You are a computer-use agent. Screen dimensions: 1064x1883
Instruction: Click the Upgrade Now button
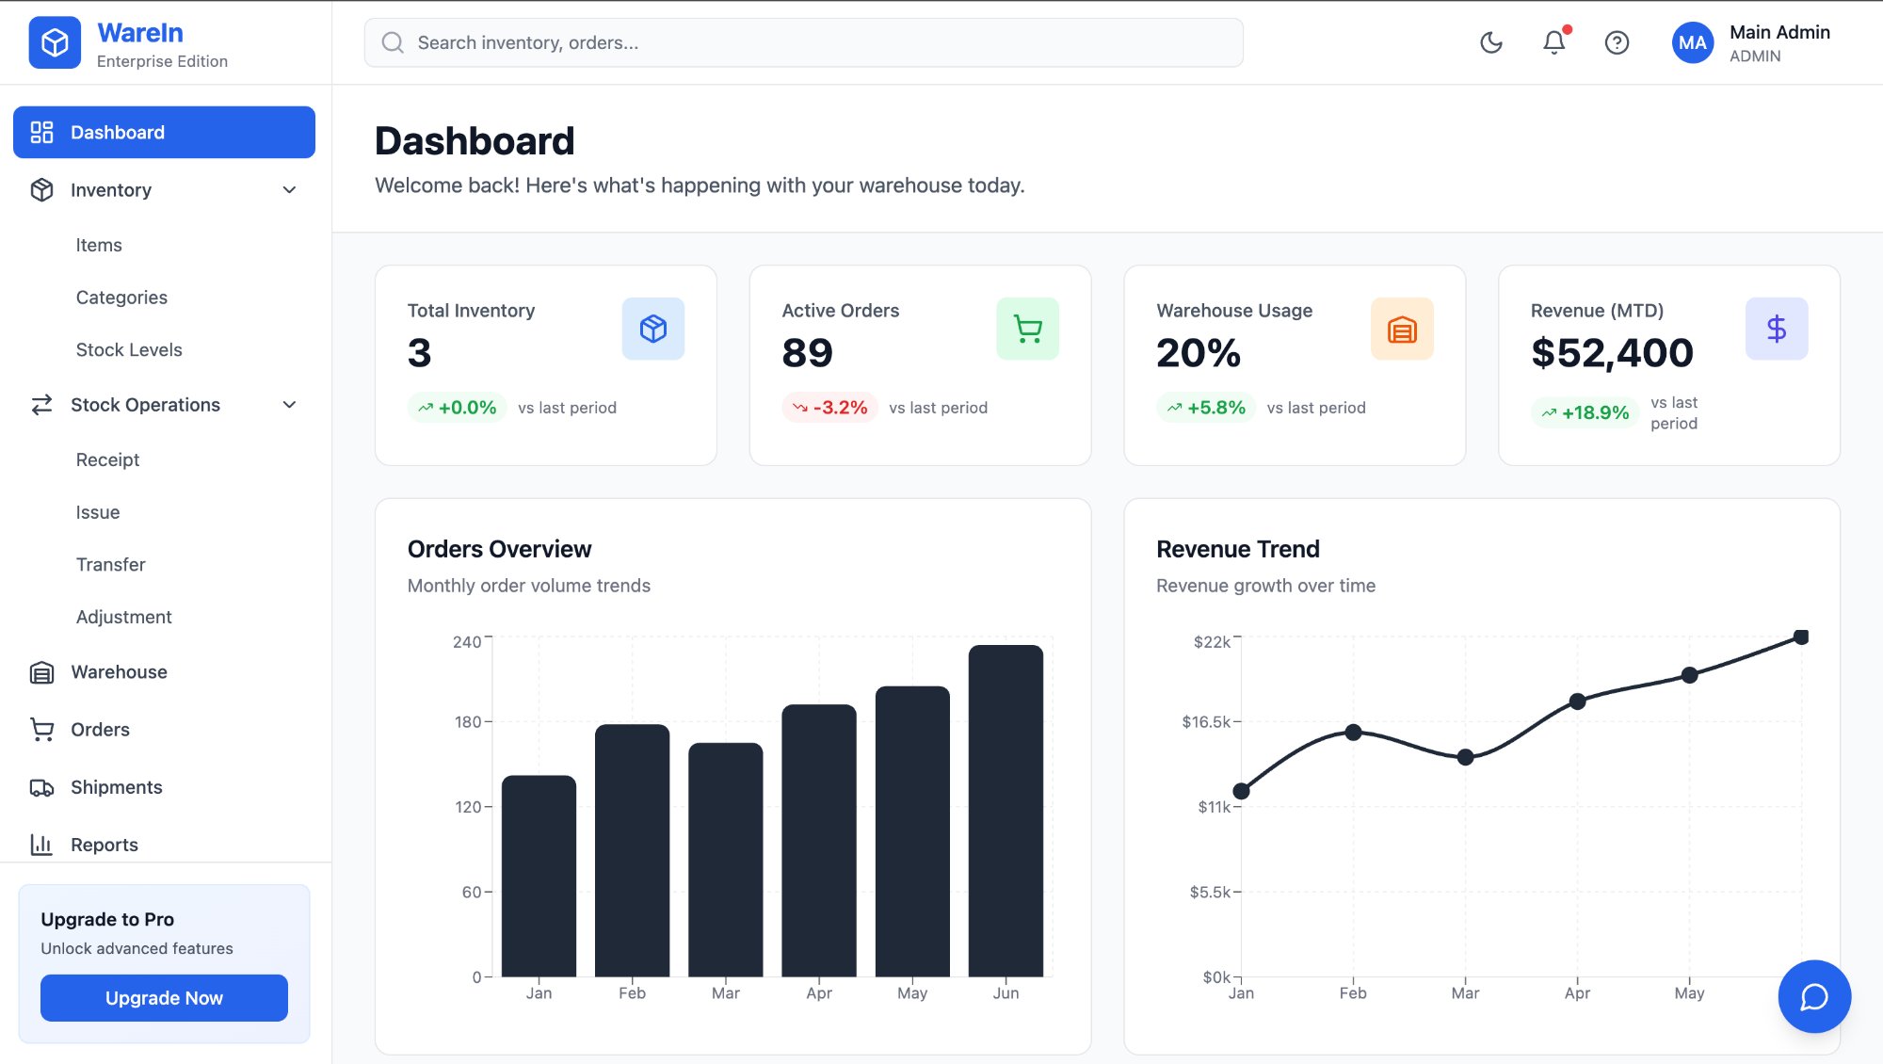164,998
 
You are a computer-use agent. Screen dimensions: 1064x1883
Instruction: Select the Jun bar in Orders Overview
1006,810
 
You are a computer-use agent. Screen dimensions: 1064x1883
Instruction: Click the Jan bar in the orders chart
539,876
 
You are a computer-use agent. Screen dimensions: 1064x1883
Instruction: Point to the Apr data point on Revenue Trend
1578,701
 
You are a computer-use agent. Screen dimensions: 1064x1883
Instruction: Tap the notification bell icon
1553,42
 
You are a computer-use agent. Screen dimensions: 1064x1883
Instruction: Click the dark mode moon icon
1491,42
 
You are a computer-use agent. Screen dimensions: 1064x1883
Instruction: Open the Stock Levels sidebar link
129,349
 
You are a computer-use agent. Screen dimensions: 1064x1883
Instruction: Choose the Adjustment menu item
123,617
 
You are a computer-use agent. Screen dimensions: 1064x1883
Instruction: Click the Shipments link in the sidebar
116,787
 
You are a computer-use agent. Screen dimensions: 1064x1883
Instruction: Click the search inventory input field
803,42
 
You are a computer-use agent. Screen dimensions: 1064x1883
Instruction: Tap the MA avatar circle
1692,42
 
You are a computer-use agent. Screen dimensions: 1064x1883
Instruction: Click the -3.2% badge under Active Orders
829,408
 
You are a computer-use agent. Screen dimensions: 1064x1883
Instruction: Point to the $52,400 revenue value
1612,353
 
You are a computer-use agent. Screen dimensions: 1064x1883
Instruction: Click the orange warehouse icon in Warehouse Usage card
1402,329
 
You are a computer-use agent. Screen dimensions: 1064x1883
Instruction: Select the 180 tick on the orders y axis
467,722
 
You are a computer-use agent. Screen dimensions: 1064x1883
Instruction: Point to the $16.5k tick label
1206,722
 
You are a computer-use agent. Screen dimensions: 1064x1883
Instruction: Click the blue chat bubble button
1814,996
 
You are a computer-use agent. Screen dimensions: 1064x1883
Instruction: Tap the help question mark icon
1617,42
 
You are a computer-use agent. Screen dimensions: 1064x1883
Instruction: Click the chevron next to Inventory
289,190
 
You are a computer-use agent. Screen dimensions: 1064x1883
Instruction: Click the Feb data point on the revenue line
1353,733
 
